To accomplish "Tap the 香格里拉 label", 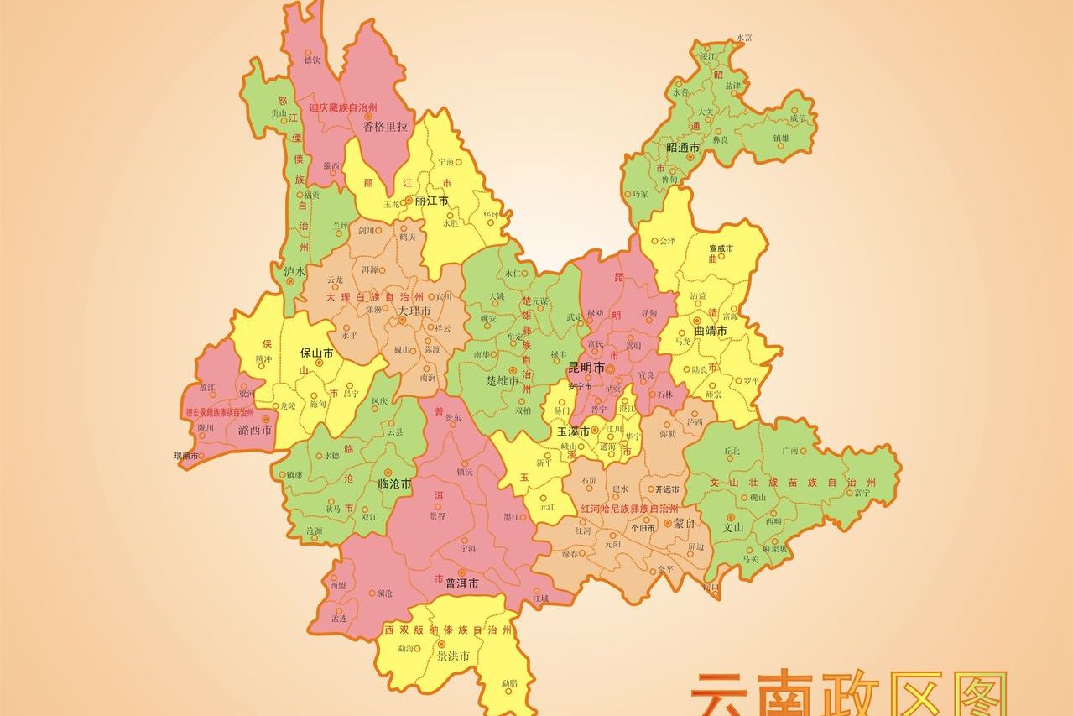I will click(x=385, y=127).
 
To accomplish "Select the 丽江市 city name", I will click(x=432, y=201).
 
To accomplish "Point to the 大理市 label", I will click(x=414, y=311).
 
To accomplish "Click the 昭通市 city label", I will click(x=683, y=148).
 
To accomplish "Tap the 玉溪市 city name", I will click(x=573, y=431).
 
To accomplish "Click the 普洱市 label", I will click(x=461, y=583).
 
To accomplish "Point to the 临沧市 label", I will click(x=394, y=484).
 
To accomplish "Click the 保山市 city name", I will click(x=317, y=353).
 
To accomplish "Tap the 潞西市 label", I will click(x=255, y=431).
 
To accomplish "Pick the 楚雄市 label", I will click(x=503, y=381).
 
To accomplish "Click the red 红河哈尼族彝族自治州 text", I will click(x=629, y=510).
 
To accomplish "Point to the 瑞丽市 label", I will click(x=186, y=456).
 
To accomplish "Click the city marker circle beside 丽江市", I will click(x=409, y=201).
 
